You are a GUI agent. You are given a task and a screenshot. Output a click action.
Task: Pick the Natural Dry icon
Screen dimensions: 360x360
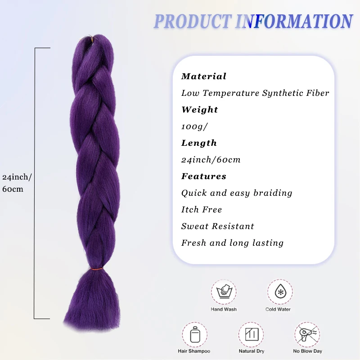tap(251, 334)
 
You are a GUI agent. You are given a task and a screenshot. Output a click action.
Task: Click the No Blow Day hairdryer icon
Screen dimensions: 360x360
tap(308, 334)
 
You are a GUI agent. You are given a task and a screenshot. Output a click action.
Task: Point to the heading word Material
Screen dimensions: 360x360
tap(203, 76)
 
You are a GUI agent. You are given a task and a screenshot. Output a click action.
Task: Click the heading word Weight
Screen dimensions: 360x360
tap(199, 110)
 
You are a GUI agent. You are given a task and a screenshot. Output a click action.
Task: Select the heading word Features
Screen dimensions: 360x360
tap(203, 176)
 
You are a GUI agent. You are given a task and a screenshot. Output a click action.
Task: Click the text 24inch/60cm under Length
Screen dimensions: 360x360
tap(211, 160)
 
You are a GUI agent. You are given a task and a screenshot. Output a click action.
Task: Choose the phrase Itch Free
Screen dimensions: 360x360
tap(201, 210)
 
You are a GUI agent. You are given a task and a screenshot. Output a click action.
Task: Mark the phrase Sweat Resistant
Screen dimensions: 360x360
tap(217, 226)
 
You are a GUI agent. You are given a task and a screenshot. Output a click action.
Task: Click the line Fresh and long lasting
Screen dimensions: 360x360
tap(232, 243)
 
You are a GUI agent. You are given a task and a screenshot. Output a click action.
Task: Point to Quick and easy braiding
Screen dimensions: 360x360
tap(237, 193)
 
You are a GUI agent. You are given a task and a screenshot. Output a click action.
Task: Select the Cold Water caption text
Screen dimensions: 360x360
tap(278, 310)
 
